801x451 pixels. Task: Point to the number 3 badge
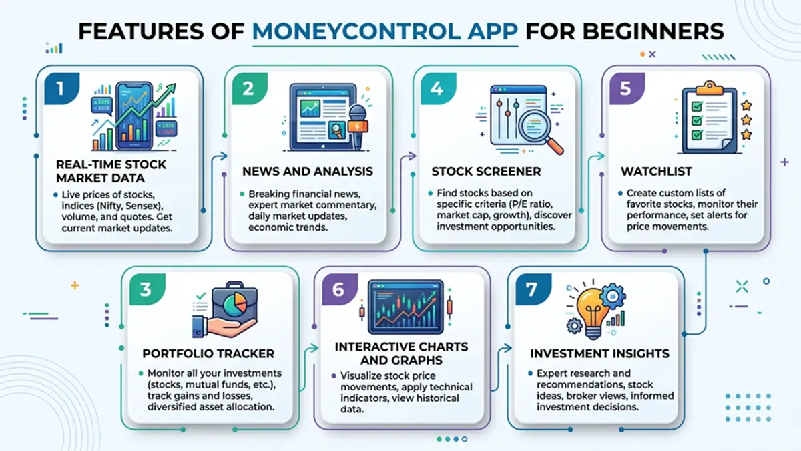click(x=145, y=289)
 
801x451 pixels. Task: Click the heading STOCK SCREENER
click(x=477, y=172)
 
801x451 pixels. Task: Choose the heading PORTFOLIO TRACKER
click(x=208, y=353)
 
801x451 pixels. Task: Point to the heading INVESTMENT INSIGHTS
click(x=599, y=353)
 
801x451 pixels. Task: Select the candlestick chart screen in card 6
click(x=405, y=307)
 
